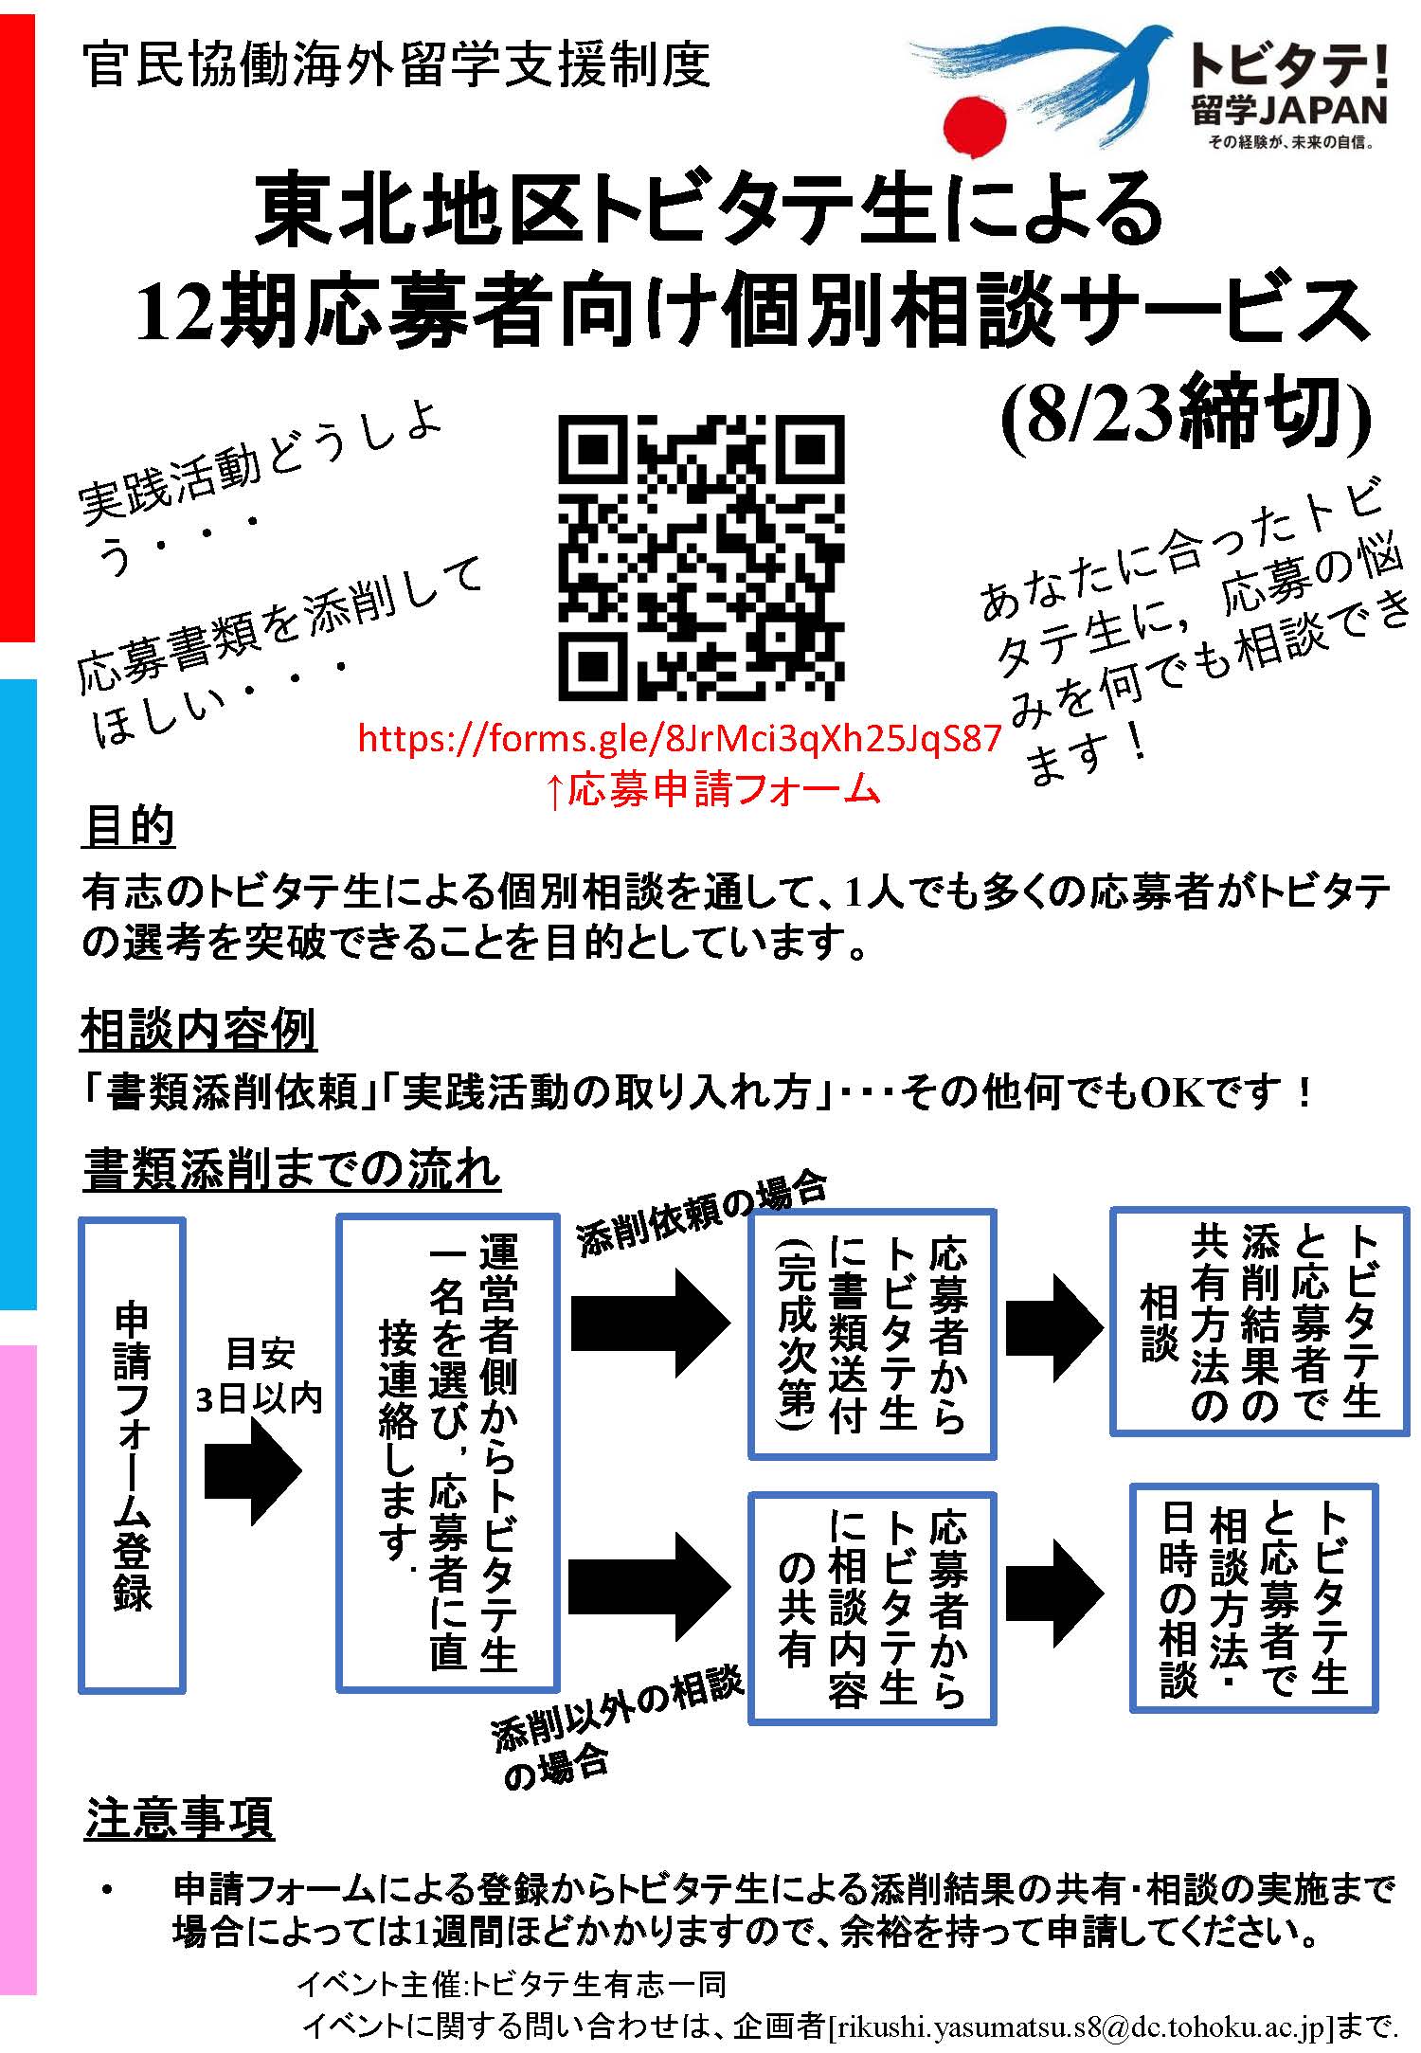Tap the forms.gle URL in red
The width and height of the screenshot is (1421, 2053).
tap(679, 738)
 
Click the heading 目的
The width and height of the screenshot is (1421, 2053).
tap(129, 826)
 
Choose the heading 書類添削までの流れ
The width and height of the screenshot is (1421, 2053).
tap(292, 1171)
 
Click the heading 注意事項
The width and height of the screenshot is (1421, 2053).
tap(179, 1816)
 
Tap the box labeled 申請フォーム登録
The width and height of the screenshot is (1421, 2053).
tap(132, 1464)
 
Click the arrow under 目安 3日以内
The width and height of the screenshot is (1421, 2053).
tap(253, 1471)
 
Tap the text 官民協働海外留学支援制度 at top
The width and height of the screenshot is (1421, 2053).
tap(396, 66)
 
